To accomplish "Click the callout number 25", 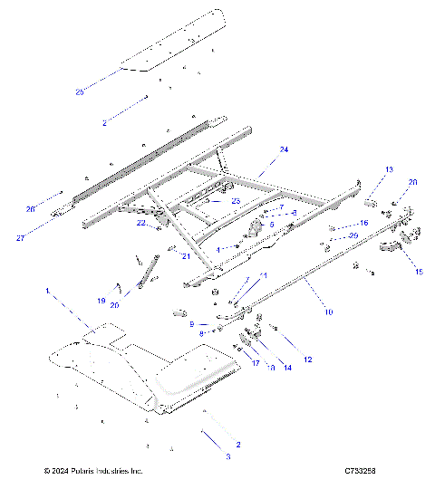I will (x=79, y=92).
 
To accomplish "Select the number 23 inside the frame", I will (x=235, y=201).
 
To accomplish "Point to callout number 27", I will (x=19, y=238).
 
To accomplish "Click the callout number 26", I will (x=30, y=209).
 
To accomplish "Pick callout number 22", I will (x=141, y=223).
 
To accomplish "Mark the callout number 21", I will (x=186, y=256).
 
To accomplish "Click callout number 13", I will (x=364, y=169).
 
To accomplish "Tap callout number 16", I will (x=364, y=222).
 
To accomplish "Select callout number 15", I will (x=419, y=271).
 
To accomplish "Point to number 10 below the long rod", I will (x=328, y=312).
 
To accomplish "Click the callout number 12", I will (x=307, y=360).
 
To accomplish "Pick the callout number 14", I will (x=288, y=368).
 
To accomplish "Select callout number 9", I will (x=191, y=323).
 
